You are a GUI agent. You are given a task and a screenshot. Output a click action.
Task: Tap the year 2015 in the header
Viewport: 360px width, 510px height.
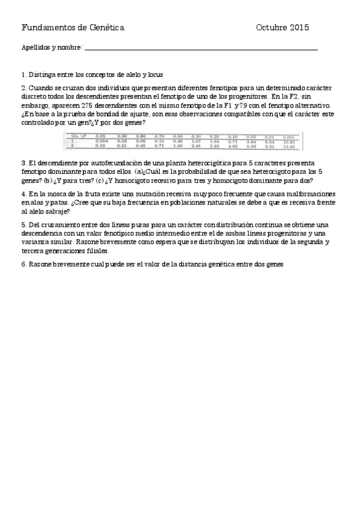click(x=299, y=28)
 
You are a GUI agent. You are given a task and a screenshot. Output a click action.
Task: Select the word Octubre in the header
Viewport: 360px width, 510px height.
click(x=271, y=28)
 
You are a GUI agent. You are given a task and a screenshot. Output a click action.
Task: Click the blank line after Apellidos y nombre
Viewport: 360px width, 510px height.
click(x=201, y=48)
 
